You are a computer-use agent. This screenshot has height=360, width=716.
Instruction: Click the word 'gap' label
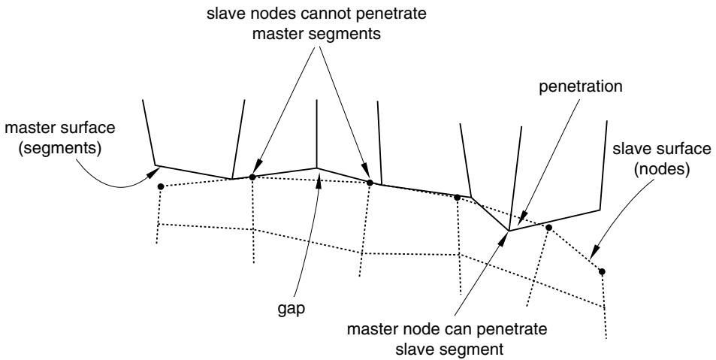pyautogui.click(x=291, y=310)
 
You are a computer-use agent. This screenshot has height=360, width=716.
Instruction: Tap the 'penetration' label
pyautogui.click(x=580, y=86)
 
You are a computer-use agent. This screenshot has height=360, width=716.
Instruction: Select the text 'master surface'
pyautogui.click(x=60, y=128)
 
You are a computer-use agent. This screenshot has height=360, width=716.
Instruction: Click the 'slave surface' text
pyautogui.click(x=661, y=149)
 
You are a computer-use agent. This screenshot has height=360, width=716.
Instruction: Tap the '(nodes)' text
pyautogui.click(x=661, y=170)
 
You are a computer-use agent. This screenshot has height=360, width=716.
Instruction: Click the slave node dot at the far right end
pyautogui.click(x=602, y=271)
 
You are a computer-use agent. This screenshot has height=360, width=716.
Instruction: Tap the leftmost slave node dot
pyautogui.click(x=160, y=186)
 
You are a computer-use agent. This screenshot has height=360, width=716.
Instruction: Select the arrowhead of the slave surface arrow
pyautogui.click(x=594, y=254)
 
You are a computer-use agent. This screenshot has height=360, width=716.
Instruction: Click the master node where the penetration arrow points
pyautogui.click(x=509, y=231)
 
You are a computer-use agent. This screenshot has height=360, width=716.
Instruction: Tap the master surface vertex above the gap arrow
pyautogui.click(x=316, y=168)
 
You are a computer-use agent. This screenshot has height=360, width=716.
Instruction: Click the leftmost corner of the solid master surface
pyautogui.click(x=156, y=165)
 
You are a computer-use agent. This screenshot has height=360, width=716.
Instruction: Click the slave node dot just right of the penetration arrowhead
pyautogui.click(x=549, y=227)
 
